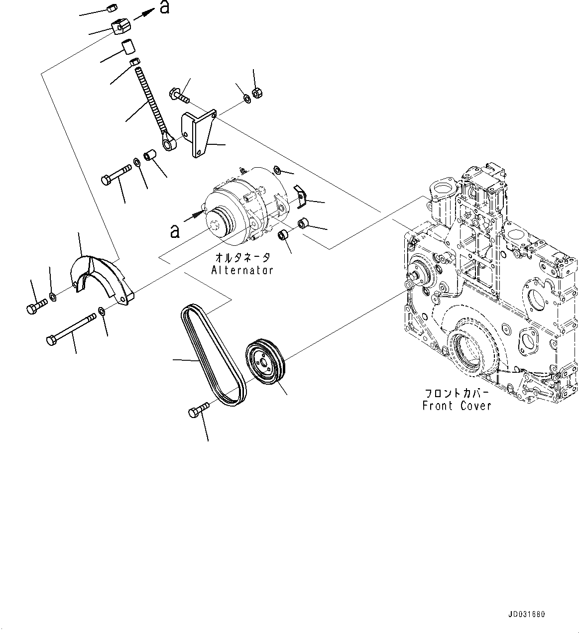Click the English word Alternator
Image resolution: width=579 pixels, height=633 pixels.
[242, 270]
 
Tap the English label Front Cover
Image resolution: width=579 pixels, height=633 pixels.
[457, 406]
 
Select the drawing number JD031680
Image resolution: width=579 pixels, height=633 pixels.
[527, 615]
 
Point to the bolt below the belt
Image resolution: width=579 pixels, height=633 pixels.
[198, 411]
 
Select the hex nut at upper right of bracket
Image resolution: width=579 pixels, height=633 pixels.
[258, 93]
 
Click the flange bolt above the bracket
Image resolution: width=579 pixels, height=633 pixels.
[180, 95]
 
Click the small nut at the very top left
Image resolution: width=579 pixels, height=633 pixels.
[112, 7]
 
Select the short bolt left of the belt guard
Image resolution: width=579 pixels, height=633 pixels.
[36, 306]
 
